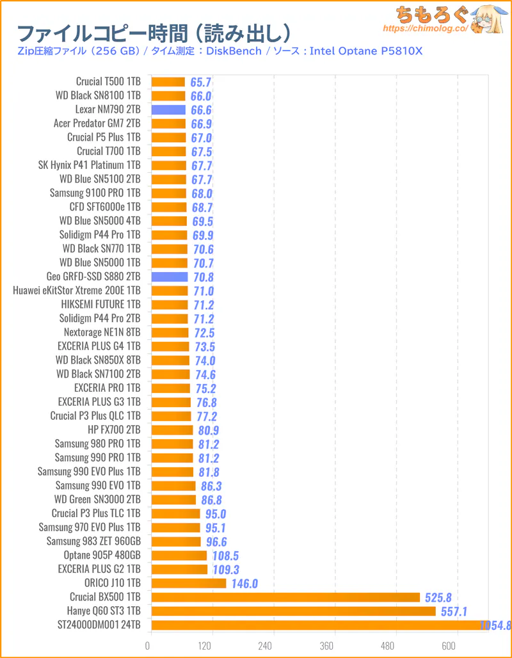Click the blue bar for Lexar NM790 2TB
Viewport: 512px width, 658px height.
click(168, 109)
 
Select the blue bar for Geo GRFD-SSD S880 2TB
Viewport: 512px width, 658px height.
click(170, 277)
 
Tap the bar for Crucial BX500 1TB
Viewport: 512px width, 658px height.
click(285, 597)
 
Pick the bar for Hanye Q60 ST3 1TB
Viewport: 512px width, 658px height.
click(293, 611)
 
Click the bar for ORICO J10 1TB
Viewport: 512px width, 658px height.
click(189, 583)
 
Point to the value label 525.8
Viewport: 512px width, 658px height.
click(438, 597)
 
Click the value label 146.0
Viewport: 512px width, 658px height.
click(244, 583)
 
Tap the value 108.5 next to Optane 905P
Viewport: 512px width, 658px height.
click(226, 556)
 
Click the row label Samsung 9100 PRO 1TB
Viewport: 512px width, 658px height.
click(95, 193)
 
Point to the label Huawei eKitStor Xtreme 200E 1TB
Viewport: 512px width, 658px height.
click(77, 291)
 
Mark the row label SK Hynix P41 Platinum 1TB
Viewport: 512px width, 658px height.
click(90, 165)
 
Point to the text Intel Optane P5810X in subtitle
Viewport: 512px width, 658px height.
click(366, 51)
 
